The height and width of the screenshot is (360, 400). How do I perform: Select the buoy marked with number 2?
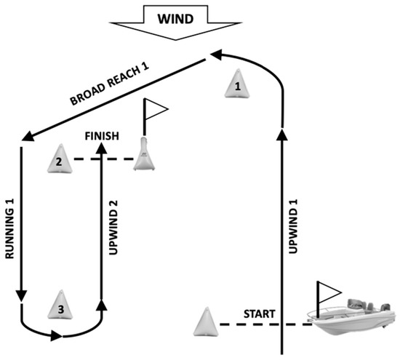tap(59, 158)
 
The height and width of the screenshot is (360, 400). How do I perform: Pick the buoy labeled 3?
tap(61, 306)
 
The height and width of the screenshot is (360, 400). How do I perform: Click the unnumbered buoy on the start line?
tap(207, 322)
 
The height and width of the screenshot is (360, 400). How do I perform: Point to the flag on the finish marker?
tap(156, 109)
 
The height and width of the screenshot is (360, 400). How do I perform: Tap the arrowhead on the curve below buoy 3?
tap(57, 336)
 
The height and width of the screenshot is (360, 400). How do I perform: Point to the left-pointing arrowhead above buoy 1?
tap(215, 53)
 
